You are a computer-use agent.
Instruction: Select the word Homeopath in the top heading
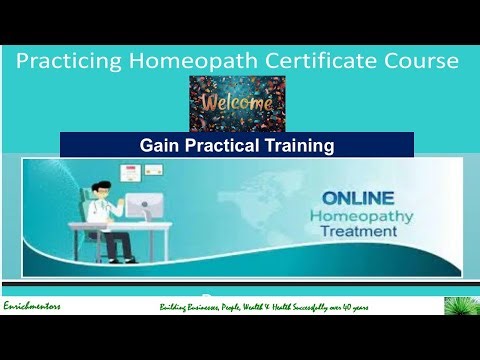click(191, 62)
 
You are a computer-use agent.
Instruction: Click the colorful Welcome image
click(237, 103)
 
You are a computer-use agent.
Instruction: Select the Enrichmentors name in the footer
click(32, 306)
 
